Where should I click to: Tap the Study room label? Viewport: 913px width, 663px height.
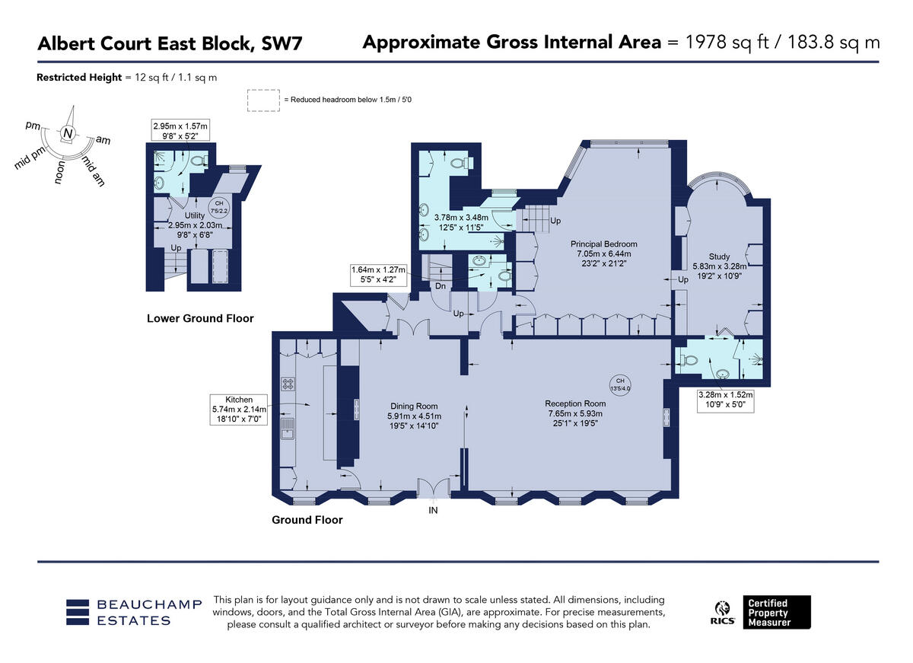pos(719,257)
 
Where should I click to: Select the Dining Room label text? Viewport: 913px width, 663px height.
pos(414,406)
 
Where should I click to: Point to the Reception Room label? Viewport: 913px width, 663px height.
pos(575,403)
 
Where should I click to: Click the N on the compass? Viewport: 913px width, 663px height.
pos(68,134)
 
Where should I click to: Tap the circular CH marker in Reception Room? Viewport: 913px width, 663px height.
pos(620,384)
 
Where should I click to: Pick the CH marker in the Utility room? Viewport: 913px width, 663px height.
pos(219,206)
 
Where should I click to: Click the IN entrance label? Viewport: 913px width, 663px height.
pos(433,511)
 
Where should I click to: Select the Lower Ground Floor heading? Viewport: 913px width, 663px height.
pos(200,318)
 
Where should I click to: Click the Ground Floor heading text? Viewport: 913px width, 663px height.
pos(307,520)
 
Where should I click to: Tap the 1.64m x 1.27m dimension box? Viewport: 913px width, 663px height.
pos(378,274)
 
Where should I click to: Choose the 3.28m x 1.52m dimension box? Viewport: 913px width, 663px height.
pos(725,400)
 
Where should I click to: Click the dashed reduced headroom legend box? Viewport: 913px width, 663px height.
pos(262,100)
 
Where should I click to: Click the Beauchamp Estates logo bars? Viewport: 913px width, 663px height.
pos(78,612)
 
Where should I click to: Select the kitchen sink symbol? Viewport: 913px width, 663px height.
pos(288,429)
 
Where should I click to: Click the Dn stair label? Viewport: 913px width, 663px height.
pos(440,286)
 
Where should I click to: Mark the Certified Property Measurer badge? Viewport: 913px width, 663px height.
pos(778,612)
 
